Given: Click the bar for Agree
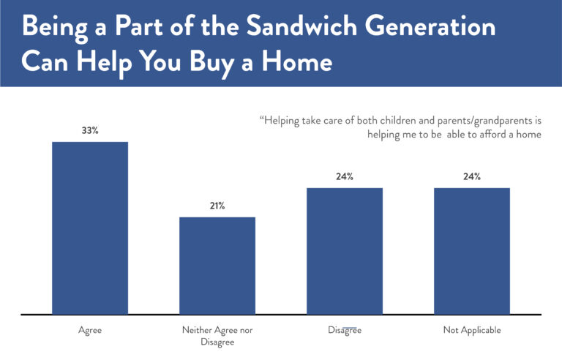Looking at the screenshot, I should click(x=90, y=228).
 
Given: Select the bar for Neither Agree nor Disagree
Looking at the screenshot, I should click(x=217, y=266).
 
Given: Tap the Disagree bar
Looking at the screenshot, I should click(x=345, y=251).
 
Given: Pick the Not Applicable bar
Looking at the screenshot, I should click(x=471, y=251).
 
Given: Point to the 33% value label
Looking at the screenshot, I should click(x=90, y=130).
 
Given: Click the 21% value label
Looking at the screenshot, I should click(x=217, y=206).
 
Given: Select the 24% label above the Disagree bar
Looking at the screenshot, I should click(x=345, y=176).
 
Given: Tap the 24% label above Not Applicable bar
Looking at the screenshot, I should click(x=471, y=176).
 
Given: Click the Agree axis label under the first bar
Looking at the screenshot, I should click(x=90, y=331).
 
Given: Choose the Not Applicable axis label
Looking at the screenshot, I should click(x=472, y=331).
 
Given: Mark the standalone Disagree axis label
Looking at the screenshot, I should click(x=345, y=331).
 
